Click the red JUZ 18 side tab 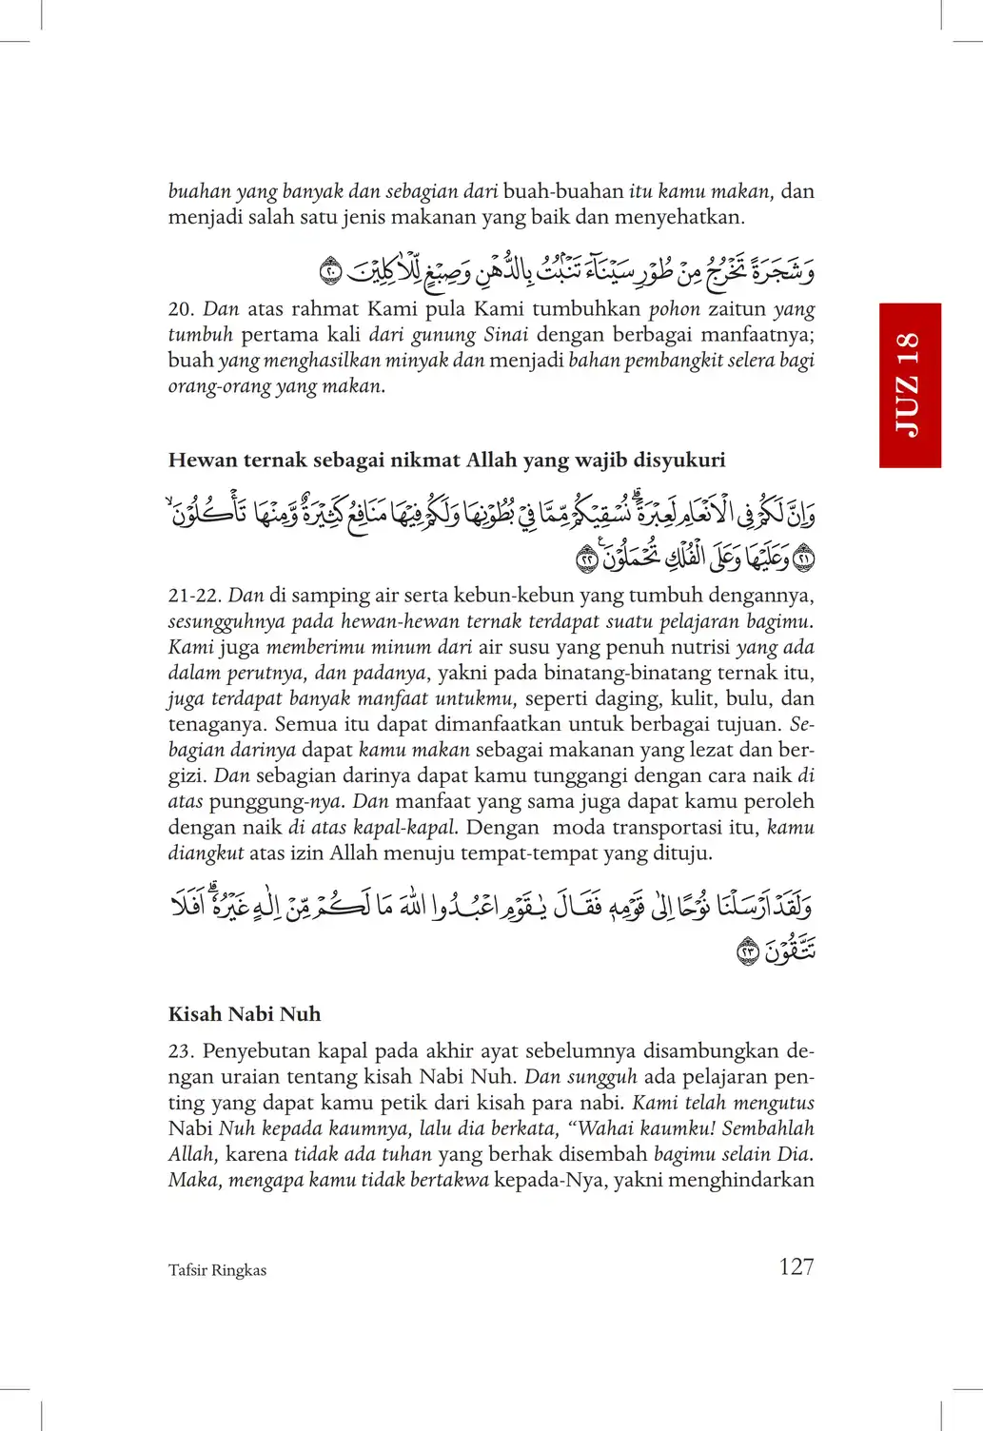pyautogui.click(x=909, y=385)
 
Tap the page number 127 pyautogui.click(x=796, y=1266)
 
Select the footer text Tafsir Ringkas pyautogui.click(x=217, y=1270)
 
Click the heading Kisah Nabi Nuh pyautogui.click(x=245, y=1014)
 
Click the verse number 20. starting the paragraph pyautogui.click(x=181, y=309)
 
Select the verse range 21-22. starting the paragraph pyautogui.click(x=194, y=596)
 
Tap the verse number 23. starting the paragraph pyautogui.click(x=181, y=1051)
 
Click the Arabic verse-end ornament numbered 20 pyautogui.click(x=329, y=272)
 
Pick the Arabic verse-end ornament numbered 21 pyautogui.click(x=804, y=559)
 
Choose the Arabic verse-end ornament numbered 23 pyautogui.click(x=749, y=951)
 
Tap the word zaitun pyautogui.click(x=737, y=309)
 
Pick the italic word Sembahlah pyautogui.click(x=768, y=1129)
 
